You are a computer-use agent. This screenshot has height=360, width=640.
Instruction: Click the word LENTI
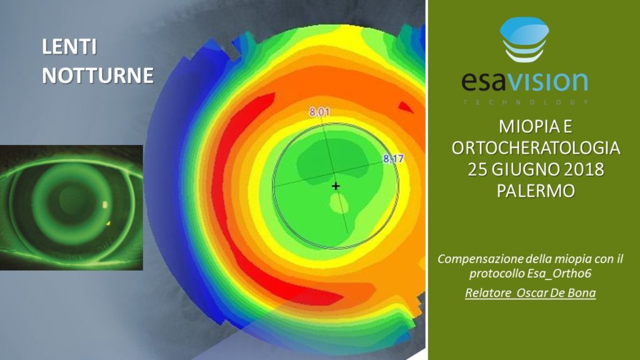(69, 47)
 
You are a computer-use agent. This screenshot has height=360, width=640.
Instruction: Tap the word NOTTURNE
(98, 76)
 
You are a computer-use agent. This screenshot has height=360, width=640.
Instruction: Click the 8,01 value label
(319, 112)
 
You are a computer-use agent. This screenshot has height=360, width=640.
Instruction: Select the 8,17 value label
(394, 158)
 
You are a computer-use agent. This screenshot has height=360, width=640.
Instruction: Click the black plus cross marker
(336, 186)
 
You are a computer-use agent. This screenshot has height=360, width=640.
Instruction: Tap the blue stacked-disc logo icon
(524, 39)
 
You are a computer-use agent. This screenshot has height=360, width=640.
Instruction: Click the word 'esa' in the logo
(485, 81)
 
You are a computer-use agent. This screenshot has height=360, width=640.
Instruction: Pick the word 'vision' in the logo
(548, 81)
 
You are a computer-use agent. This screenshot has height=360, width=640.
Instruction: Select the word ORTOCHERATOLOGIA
(536, 147)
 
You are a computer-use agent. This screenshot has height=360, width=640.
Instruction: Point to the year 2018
(583, 169)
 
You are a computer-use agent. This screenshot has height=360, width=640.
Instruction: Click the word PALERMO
(536, 191)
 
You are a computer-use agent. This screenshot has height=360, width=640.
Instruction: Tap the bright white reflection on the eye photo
(105, 204)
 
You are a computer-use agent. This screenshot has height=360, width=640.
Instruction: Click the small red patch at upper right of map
(405, 107)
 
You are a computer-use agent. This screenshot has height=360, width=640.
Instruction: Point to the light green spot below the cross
(339, 203)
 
